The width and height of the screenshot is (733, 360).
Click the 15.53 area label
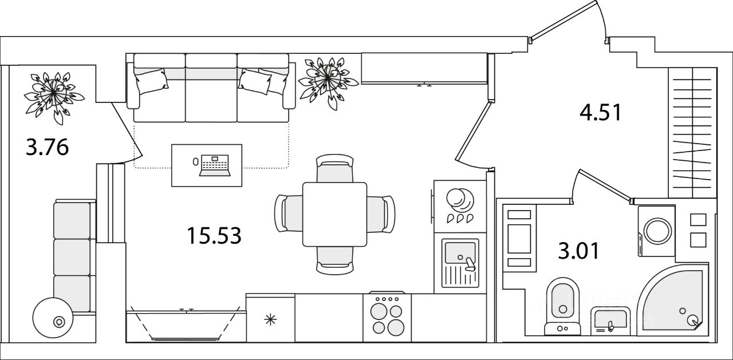214,236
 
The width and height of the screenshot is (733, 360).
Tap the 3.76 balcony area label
47,148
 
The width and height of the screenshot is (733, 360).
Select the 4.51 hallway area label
600,113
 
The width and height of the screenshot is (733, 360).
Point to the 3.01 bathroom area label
578,251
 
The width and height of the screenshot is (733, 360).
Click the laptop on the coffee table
215,165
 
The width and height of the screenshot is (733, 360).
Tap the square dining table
334,214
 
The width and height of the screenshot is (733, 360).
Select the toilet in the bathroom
562,306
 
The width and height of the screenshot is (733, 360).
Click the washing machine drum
658,231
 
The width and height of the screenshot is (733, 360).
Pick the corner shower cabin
672,300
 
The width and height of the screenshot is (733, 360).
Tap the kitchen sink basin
460,253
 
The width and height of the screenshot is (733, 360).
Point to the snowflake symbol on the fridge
270,319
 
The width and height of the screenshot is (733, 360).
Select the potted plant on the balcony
54,97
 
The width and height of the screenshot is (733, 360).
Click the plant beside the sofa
328,81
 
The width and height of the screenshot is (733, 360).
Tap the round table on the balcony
53,318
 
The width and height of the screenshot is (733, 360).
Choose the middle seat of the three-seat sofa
211,88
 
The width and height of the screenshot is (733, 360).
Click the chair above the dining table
334,168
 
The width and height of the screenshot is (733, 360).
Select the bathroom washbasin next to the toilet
610,321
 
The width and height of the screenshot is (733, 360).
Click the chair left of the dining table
289,214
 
